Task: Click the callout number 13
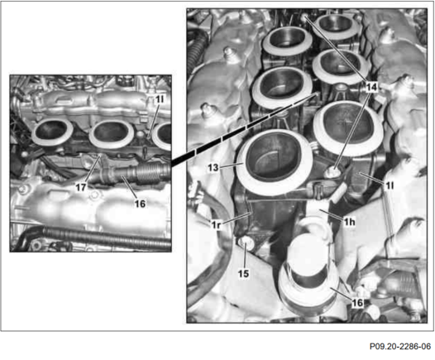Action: [x=213, y=168]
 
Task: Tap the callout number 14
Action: [x=372, y=87]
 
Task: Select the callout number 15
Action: [x=243, y=274]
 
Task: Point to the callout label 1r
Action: [x=216, y=224]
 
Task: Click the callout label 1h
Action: [x=349, y=222]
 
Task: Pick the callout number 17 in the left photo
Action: [x=81, y=187]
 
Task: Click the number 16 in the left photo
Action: [x=140, y=204]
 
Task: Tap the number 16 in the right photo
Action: [x=357, y=303]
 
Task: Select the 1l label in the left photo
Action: [x=160, y=99]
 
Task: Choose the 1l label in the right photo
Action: [x=390, y=185]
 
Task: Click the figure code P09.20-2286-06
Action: [x=400, y=346]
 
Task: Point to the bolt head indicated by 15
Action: [x=245, y=244]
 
